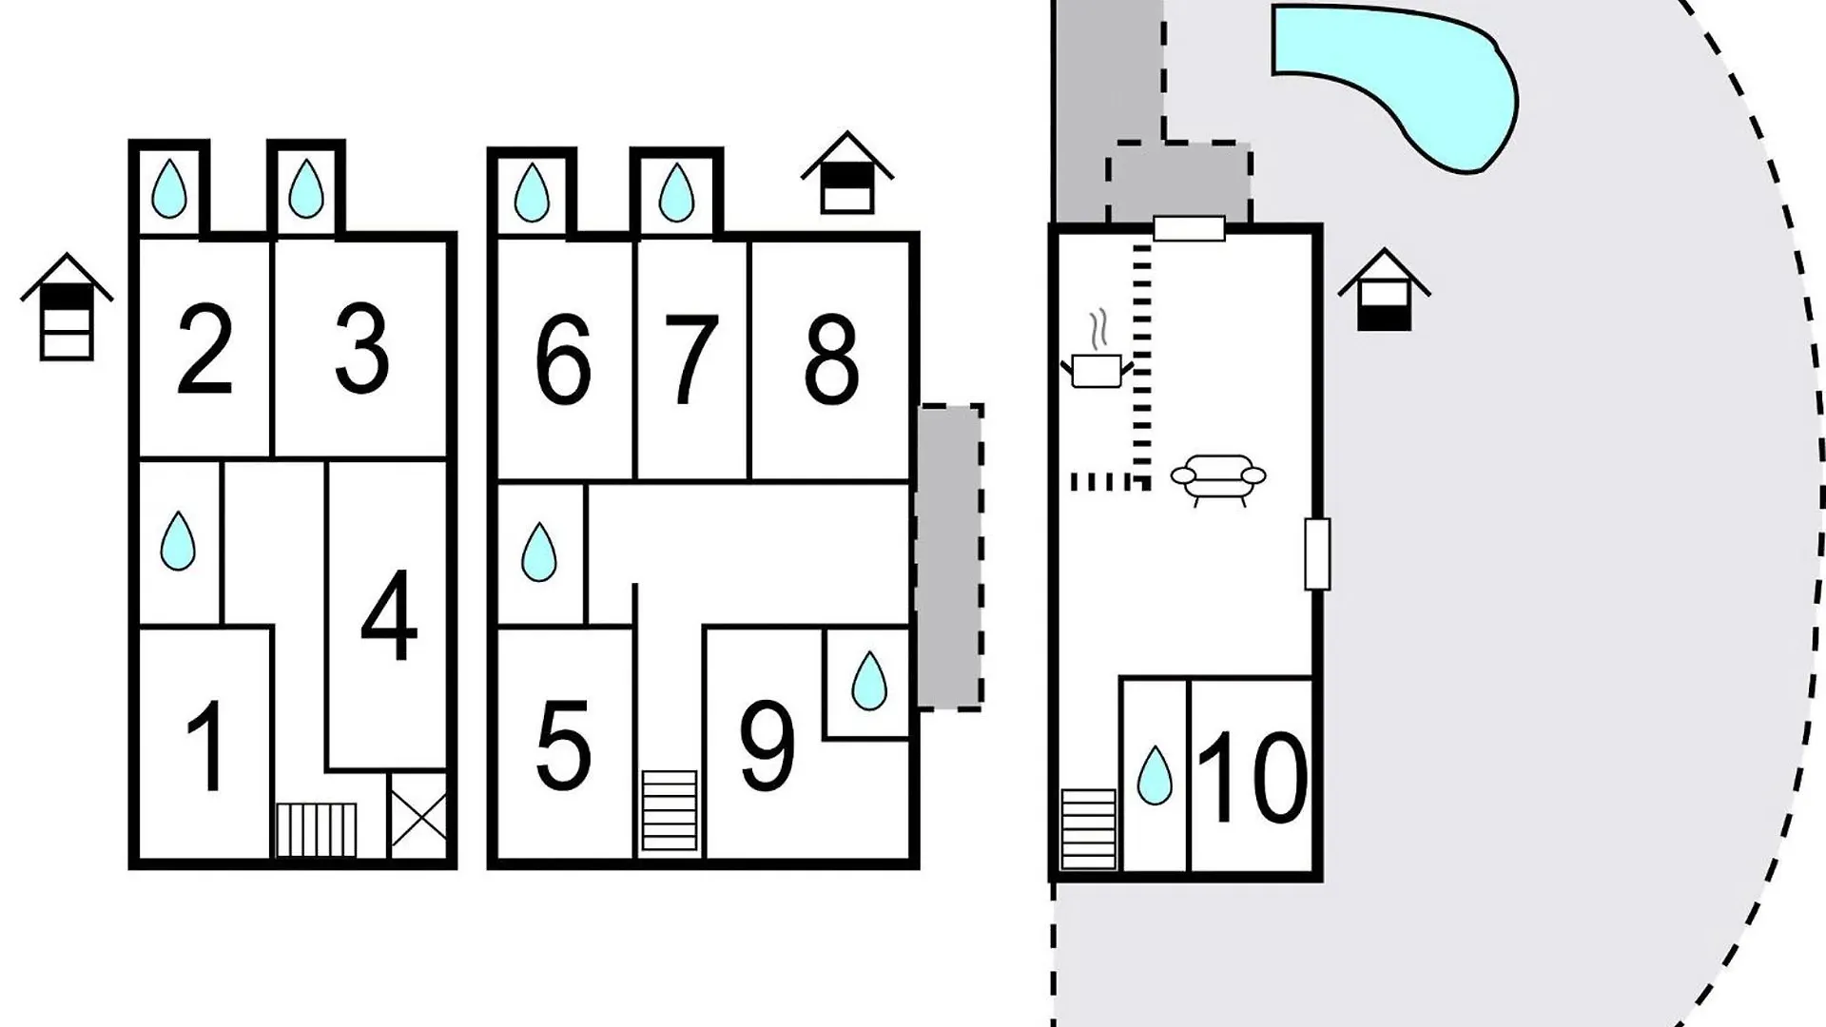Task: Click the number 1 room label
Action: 206,746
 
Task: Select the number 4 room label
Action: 390,614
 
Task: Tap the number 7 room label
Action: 690,361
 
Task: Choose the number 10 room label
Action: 1252,778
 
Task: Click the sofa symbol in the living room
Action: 1218,478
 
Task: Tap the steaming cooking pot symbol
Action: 1098,350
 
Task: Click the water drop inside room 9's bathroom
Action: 868,681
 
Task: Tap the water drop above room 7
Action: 676,192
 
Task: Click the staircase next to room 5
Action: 670,810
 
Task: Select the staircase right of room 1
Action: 317,830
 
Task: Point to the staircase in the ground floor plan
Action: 1089,828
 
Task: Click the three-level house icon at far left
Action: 67,306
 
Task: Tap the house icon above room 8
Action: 847,172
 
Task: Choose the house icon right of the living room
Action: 1384,289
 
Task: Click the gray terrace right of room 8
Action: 949,557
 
